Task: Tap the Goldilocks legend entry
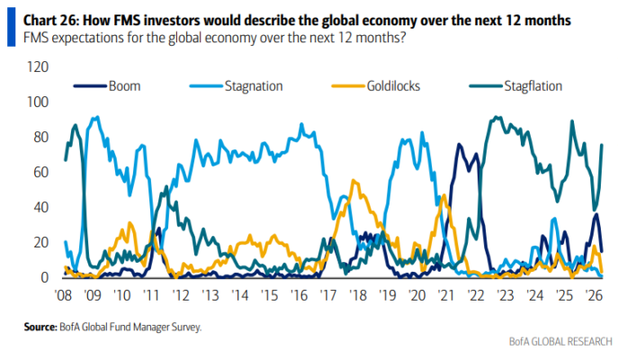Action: pos(378,86)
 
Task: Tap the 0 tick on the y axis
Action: pos(41,278)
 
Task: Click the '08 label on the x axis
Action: pos(63,294)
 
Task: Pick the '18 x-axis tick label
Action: pos(358,294)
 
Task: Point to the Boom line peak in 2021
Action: pos(460,145)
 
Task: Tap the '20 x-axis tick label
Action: pos(416,294)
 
